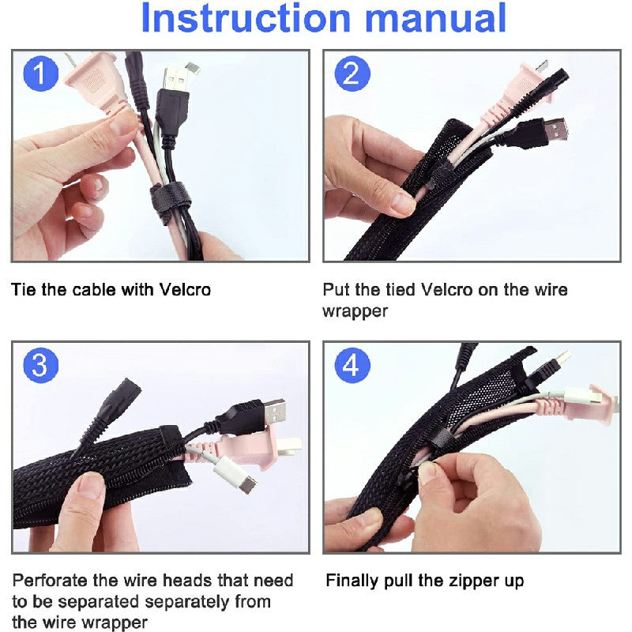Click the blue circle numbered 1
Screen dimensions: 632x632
[x=41, y=73]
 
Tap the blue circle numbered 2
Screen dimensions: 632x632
[x=352, y=73]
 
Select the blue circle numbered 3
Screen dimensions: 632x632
[x=41, y=365]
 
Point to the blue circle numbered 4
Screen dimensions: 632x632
[x=352, y=365]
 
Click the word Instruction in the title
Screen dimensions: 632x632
[x=246, y=17]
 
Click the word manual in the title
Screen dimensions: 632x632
[x=435, y=17]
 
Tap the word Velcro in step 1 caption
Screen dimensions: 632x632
[x=185, y=290]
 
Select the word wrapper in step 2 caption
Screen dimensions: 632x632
[x=355, y=312]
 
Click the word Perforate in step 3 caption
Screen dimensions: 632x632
[x=51, y=581]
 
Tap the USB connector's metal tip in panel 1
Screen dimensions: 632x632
[x=176, y=80]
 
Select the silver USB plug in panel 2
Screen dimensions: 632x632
[x=555, y=129]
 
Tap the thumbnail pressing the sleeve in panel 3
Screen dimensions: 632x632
[x=91, y=485]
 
